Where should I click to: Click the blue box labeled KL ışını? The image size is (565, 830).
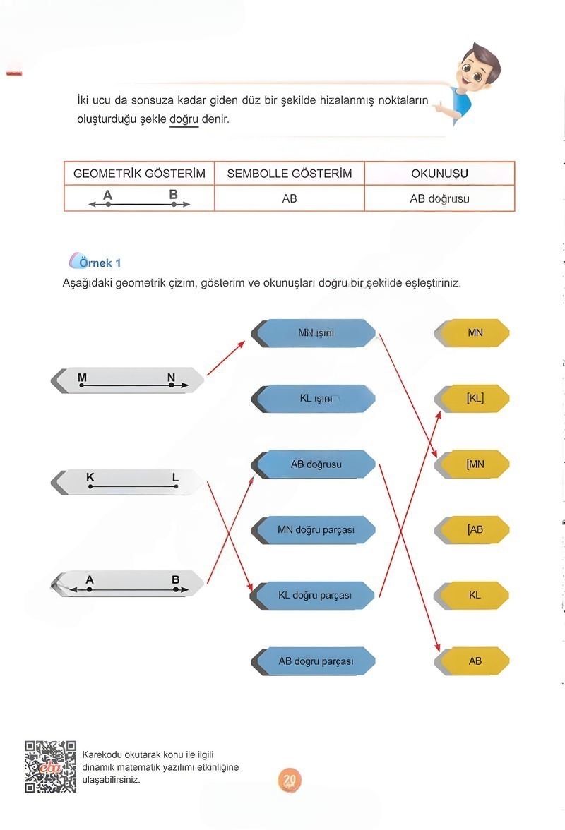(x=315, y=399)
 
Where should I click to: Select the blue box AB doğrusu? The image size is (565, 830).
(x=315, y=464)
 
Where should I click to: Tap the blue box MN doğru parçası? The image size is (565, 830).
(x=315, y=529)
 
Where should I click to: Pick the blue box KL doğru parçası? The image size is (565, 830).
(x=315, y=595)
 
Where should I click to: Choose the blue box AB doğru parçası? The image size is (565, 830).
(x=315, y=661)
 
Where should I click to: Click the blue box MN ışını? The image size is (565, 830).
(x=315, y=332)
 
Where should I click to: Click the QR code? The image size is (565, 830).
(x=50, y=766)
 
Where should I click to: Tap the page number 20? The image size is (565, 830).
(x=289, y=779)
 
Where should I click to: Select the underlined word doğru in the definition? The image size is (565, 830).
(x=184, y=119)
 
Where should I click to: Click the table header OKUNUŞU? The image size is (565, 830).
(x=439, y=174)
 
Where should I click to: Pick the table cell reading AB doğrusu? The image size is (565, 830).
(x=439, y=198)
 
